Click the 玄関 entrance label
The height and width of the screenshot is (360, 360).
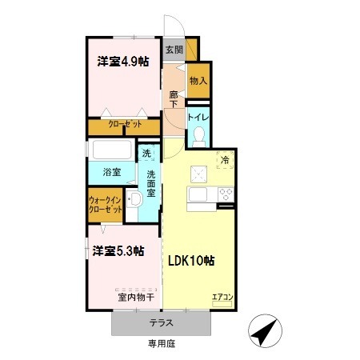coord(174,50)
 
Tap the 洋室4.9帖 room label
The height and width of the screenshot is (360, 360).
coord(123,62)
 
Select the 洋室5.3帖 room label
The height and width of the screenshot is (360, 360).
coord(118,251)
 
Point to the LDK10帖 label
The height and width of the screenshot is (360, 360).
coord(191,261)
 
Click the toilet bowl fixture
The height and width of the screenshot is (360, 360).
coord(199,137)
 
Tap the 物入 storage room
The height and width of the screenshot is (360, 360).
coord(198,81)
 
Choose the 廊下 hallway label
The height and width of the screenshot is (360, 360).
coord(174,99)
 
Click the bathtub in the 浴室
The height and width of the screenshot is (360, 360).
coord(112,150)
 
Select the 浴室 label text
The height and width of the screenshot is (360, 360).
coord(112,172)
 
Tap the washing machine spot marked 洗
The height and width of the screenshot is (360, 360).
coord(146,153)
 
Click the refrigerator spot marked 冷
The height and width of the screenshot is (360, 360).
coord(225,160)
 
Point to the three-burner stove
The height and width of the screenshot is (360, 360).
coord(226,194)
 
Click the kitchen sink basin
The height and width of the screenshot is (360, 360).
coord(198,194)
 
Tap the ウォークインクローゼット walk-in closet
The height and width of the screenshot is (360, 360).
coord(106,205)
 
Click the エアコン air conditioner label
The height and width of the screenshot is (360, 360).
coord(222,297)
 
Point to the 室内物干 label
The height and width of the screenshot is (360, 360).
coord(136,297)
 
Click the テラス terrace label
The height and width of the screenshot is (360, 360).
coord(162,323)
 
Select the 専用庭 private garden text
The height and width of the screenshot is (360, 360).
coord(162,343)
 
